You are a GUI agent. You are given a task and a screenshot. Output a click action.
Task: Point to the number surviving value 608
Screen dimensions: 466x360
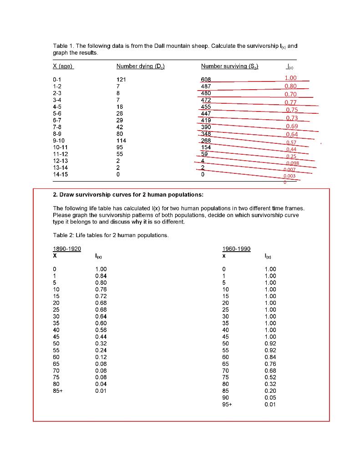point(206,79)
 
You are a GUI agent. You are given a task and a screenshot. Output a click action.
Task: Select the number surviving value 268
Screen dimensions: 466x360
point(206,141)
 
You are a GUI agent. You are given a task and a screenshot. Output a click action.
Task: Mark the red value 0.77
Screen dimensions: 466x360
point(291,102)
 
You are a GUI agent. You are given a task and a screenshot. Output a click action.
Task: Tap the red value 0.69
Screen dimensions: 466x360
point(292,126)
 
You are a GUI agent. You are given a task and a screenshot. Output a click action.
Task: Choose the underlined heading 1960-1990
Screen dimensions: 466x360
point(236,249)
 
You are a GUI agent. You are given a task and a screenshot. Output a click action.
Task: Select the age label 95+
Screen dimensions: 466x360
point(227,405)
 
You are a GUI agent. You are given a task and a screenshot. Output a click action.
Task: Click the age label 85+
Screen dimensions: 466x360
point(58,391)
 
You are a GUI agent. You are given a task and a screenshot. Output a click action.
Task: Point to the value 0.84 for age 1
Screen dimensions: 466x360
point(101,276)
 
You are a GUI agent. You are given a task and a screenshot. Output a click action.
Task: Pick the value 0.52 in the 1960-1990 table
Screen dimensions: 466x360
point(270,377)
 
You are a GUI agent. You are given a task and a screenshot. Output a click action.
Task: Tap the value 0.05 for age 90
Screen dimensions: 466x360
point(270,398)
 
